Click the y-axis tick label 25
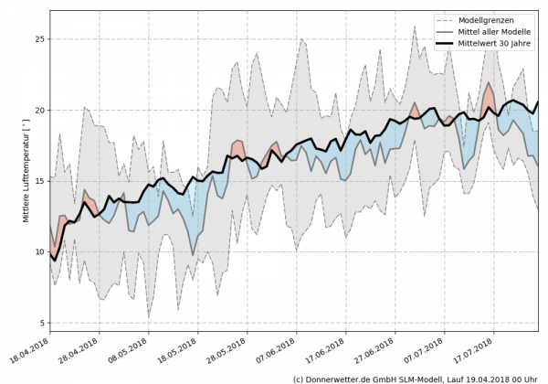39,39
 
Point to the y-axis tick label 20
39,110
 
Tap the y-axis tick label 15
39,181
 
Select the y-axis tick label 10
39,251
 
